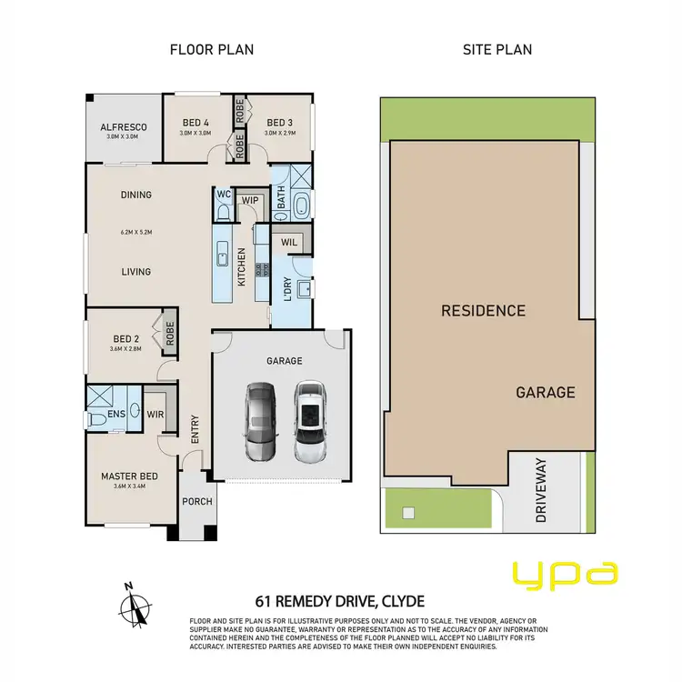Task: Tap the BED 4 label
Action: point(196,123)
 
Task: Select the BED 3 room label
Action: point(280,123)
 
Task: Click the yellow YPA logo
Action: point(566,573)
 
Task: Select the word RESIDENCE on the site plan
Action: point(483,311)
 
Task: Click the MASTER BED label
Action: point(129,476)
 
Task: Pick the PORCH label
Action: point(197,502)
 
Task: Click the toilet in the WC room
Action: point(223,211)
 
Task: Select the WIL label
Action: point(290,242)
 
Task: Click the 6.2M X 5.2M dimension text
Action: point(135,232)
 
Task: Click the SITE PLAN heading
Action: point(498,49)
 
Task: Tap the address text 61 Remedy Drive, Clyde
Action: point(341,601)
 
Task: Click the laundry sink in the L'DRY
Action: point(304,289)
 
